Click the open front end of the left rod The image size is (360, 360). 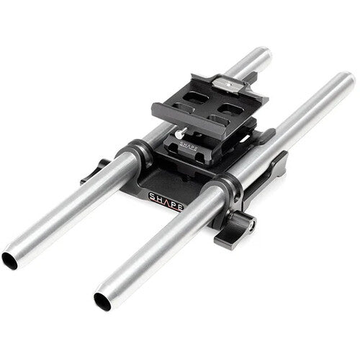pos(9,261)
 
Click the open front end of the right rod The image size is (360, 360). pos(102,302)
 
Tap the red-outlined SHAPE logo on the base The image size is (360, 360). pos(166,200)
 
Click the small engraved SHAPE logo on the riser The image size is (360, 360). pos(189,145)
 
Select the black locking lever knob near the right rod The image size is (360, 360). pos(240,222)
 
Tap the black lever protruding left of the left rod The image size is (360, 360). pos(93,171)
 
